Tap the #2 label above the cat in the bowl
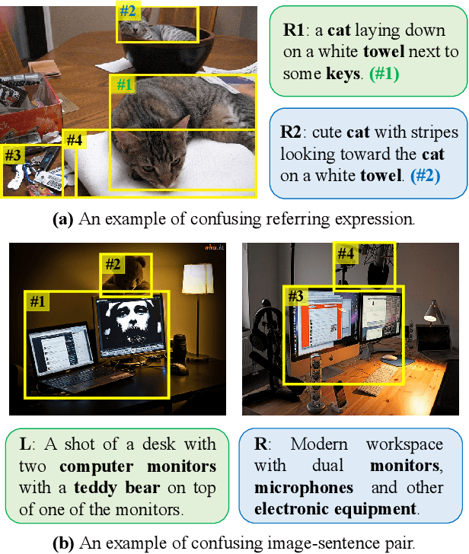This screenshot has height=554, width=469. point(128,11)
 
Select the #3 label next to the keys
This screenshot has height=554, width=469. point(13,154)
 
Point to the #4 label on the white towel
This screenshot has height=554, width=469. point(74,140)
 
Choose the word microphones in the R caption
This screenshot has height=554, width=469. point(304,487)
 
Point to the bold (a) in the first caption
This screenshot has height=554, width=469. point(62,219)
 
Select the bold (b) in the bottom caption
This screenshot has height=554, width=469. point(62,543)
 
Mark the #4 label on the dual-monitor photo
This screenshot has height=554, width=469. point(346,253)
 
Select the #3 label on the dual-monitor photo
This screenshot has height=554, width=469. point(296,295)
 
